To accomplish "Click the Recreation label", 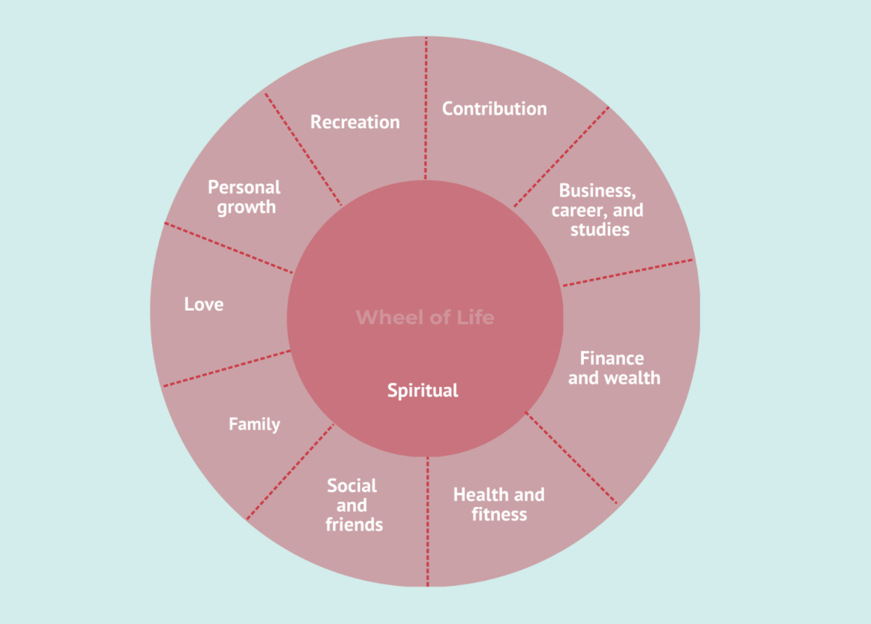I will [x=355, y=121].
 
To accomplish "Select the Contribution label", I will [x=494, y=109].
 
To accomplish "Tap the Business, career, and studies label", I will [x=597, y=210].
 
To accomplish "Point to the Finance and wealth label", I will [x=614, y=368].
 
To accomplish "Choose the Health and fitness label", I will [x=498, y=505].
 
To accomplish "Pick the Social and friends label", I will [x=353, y=505].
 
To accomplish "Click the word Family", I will [x=254, y=424].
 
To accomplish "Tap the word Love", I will [x=204, y=304].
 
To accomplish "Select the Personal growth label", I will [x=244, y=196].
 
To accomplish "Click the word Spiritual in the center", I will [x=423, y=391].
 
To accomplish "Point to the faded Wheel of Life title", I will [x=425, y=317].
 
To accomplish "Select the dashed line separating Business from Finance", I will [x=628, y=272].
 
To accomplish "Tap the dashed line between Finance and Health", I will [x=572, y=457].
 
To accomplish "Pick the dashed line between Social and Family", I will [x=289, y=471].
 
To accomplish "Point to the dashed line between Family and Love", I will [x=226, y=368].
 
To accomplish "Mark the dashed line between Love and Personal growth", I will [x=229, y=247].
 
